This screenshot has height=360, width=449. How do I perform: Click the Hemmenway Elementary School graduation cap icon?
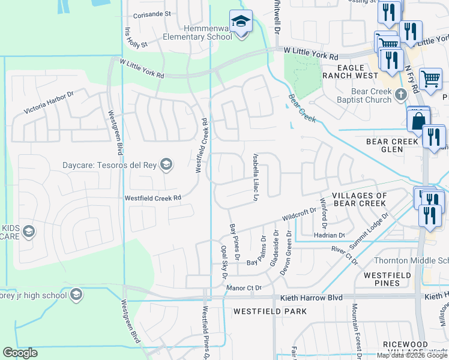pyautogui.click(x=241, y=22)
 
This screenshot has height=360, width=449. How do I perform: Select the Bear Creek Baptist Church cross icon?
pyautogui.click(x=402, y=95)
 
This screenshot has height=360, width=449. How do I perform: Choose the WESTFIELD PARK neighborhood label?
pyautogui.click(x=270, y=311)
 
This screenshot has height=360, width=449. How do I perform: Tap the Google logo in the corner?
pyautogui.click(x=20, y=353)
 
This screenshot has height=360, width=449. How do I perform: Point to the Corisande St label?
pyautogui.click(x=152, y=14)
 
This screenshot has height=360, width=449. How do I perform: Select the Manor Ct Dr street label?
pyautogui.click(x=244, y=288)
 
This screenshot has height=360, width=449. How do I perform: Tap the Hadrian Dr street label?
pyautogui.click(x=330, y=236)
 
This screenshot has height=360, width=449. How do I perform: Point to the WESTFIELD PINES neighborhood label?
pyautogui.click(x=387, y=279)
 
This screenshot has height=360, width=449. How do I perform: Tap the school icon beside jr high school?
pyautogui.click(x=76, y=295)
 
